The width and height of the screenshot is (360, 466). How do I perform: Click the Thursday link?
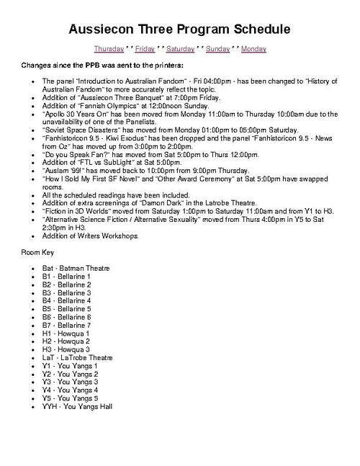[108, 49]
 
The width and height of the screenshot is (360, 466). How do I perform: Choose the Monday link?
[253, 49]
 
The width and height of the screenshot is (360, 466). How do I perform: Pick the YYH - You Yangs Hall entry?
[77, 406]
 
